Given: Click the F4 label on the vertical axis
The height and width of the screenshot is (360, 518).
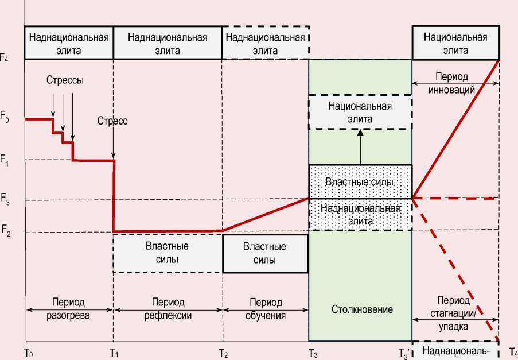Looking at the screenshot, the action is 5,59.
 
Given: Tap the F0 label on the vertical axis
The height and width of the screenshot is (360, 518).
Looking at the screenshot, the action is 5,119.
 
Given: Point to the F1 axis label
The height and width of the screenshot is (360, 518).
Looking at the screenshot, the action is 5,159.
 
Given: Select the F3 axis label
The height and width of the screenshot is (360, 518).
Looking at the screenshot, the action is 5,200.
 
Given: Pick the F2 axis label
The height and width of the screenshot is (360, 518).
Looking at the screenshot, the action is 5,232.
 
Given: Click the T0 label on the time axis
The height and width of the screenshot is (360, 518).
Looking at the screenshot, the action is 28,352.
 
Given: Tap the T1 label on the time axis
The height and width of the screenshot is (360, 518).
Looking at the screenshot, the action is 114,352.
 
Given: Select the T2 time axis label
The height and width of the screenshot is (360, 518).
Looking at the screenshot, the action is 223,352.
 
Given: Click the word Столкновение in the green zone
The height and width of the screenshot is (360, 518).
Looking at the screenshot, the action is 362,309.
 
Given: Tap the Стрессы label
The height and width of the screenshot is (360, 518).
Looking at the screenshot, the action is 65,80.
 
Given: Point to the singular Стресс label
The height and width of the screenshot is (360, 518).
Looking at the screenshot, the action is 112,121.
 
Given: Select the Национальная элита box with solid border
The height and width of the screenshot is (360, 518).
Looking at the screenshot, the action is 455,44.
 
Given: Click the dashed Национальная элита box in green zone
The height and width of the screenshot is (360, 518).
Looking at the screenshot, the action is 360,113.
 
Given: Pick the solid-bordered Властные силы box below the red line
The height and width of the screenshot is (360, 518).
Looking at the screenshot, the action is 264,253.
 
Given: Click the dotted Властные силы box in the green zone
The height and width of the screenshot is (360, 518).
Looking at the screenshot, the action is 360,181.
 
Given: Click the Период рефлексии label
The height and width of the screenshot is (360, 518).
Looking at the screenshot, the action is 168,308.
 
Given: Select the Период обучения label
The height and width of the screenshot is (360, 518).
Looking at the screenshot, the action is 266,308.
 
